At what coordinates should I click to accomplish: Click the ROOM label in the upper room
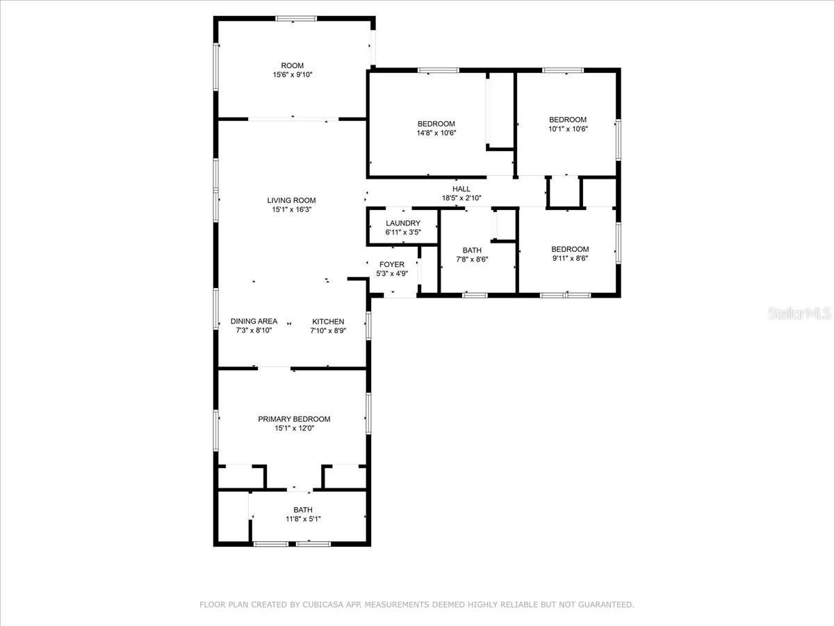point(292,65)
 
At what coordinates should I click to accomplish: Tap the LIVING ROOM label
point(291,200)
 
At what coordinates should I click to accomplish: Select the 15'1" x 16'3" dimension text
point(292,209)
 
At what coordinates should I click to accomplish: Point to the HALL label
point(461,189)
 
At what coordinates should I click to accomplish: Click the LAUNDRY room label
point(403,223)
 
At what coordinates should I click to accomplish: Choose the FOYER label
point(392,264)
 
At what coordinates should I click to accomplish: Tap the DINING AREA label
point(254,321)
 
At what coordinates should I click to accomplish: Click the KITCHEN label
point(328,321)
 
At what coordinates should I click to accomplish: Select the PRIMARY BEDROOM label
point(294,419)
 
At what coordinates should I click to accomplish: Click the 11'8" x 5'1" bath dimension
point(303,519)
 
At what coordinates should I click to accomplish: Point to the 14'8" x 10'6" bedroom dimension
point(436,133)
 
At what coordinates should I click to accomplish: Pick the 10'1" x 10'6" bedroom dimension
point(568,129)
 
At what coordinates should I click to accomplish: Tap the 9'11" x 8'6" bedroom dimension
point(570,259)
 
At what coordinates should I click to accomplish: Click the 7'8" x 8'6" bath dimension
point(472,259)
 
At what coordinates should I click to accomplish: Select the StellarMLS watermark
point(799,314)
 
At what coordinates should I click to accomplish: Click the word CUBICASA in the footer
point(322,604)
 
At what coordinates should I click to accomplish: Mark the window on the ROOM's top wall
point(296,18)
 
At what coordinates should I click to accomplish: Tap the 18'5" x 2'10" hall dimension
point(461,198)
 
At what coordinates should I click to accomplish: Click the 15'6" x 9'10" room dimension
point(292,75)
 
